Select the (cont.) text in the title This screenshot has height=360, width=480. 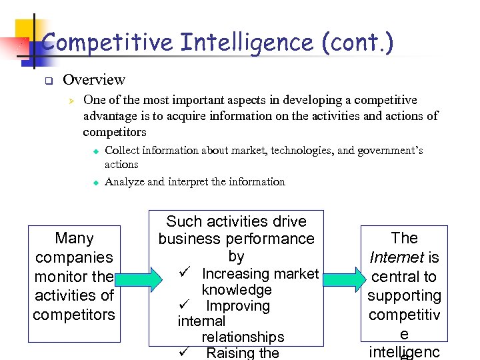tap(358, 43)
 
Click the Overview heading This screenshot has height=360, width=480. tap(94, 80)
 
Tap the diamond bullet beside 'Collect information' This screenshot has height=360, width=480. tap(95, 151)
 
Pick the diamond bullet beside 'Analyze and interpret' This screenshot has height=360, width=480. tap(95, 182)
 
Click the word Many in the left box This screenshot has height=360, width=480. tap(74, 238)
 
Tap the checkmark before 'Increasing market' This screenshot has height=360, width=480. tap(186, 273)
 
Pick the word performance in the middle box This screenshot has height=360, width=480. tap(271, 239)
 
